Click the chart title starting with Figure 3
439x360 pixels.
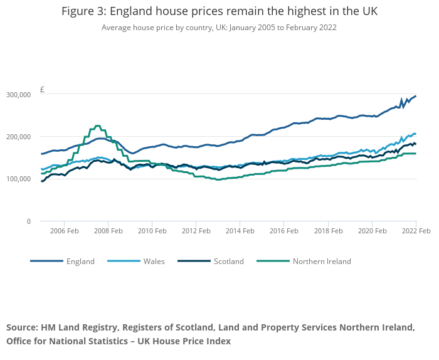tap(219, 12)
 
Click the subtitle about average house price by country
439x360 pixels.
tap(219, 28)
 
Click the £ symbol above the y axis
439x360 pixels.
tap(42, 90)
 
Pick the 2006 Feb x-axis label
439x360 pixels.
tap(64, 231)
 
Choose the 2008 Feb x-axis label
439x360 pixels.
tap(108, 231)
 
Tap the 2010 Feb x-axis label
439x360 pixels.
tap(152, 231)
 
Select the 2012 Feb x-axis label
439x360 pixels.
tap(196, 231)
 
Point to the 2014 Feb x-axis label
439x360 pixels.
tap(240, 231)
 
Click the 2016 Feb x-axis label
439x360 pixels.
tap(283, 231)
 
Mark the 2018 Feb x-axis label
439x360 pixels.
tap(327, 231)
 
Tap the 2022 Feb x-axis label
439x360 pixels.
tap(415, 231)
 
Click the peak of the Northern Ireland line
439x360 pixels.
tap(97, 126)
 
